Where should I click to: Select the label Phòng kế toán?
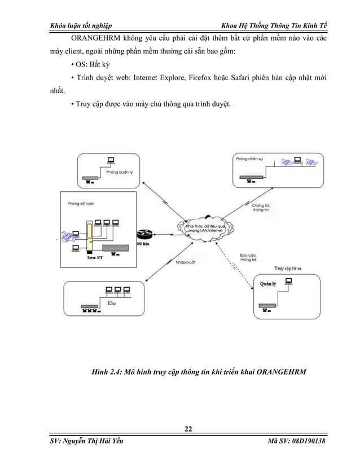point(79,203)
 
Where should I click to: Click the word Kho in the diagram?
point(112,303)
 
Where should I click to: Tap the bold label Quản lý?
point(267,284)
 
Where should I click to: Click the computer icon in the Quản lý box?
point(289,282)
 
